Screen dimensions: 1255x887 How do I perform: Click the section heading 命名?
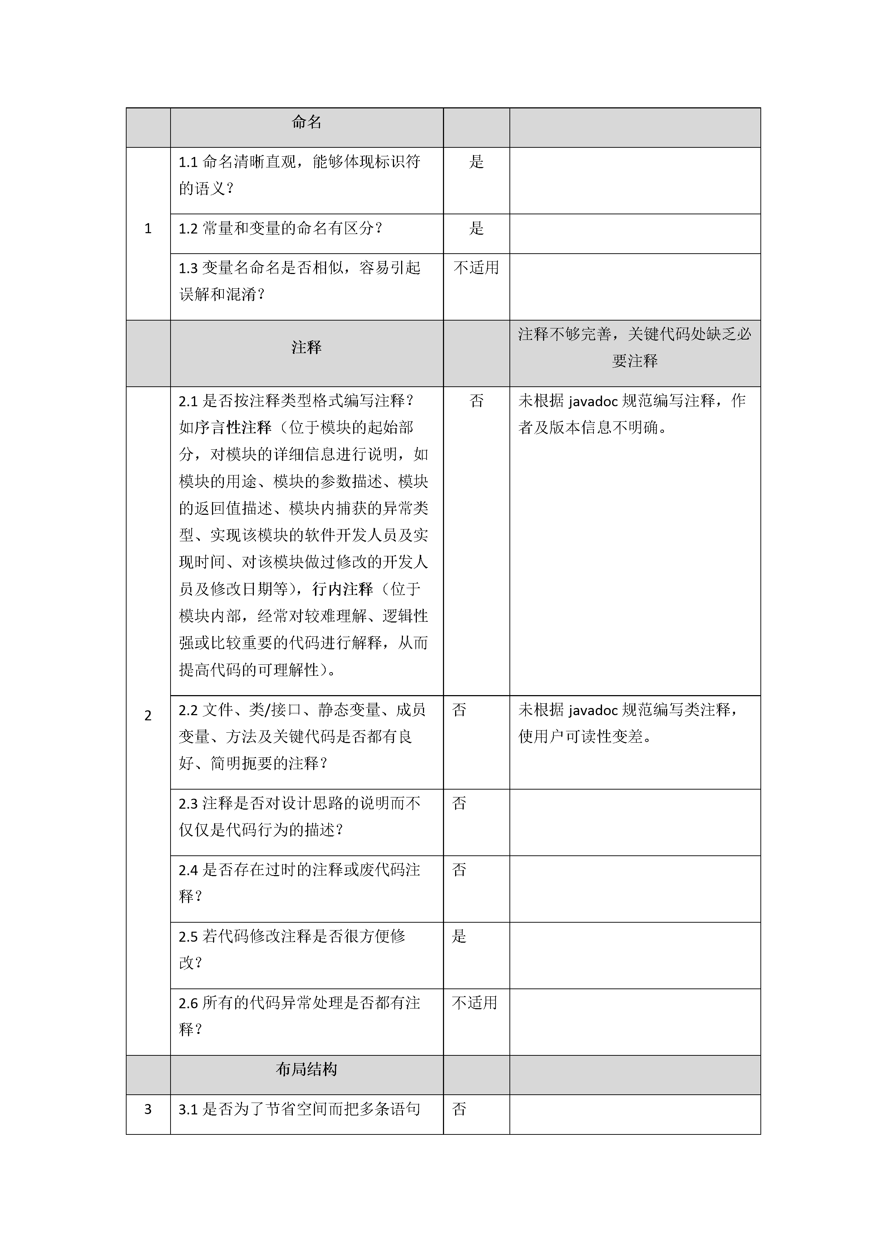(x=306, y=122)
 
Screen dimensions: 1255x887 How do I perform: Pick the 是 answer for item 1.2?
(x=476, y=229)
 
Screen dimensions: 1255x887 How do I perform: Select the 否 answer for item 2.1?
(x=476, y=401)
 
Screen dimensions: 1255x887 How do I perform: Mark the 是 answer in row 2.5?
(x=459, y=936)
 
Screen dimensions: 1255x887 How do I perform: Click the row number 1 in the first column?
(x=147, y=229)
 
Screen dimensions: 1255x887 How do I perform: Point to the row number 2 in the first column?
(x=147, y=716)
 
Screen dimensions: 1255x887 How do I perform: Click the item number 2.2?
(x=188, y=710)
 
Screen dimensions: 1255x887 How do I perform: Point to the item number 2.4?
(x=188, y=870)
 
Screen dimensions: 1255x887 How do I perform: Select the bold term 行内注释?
(x=343, y=589)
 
